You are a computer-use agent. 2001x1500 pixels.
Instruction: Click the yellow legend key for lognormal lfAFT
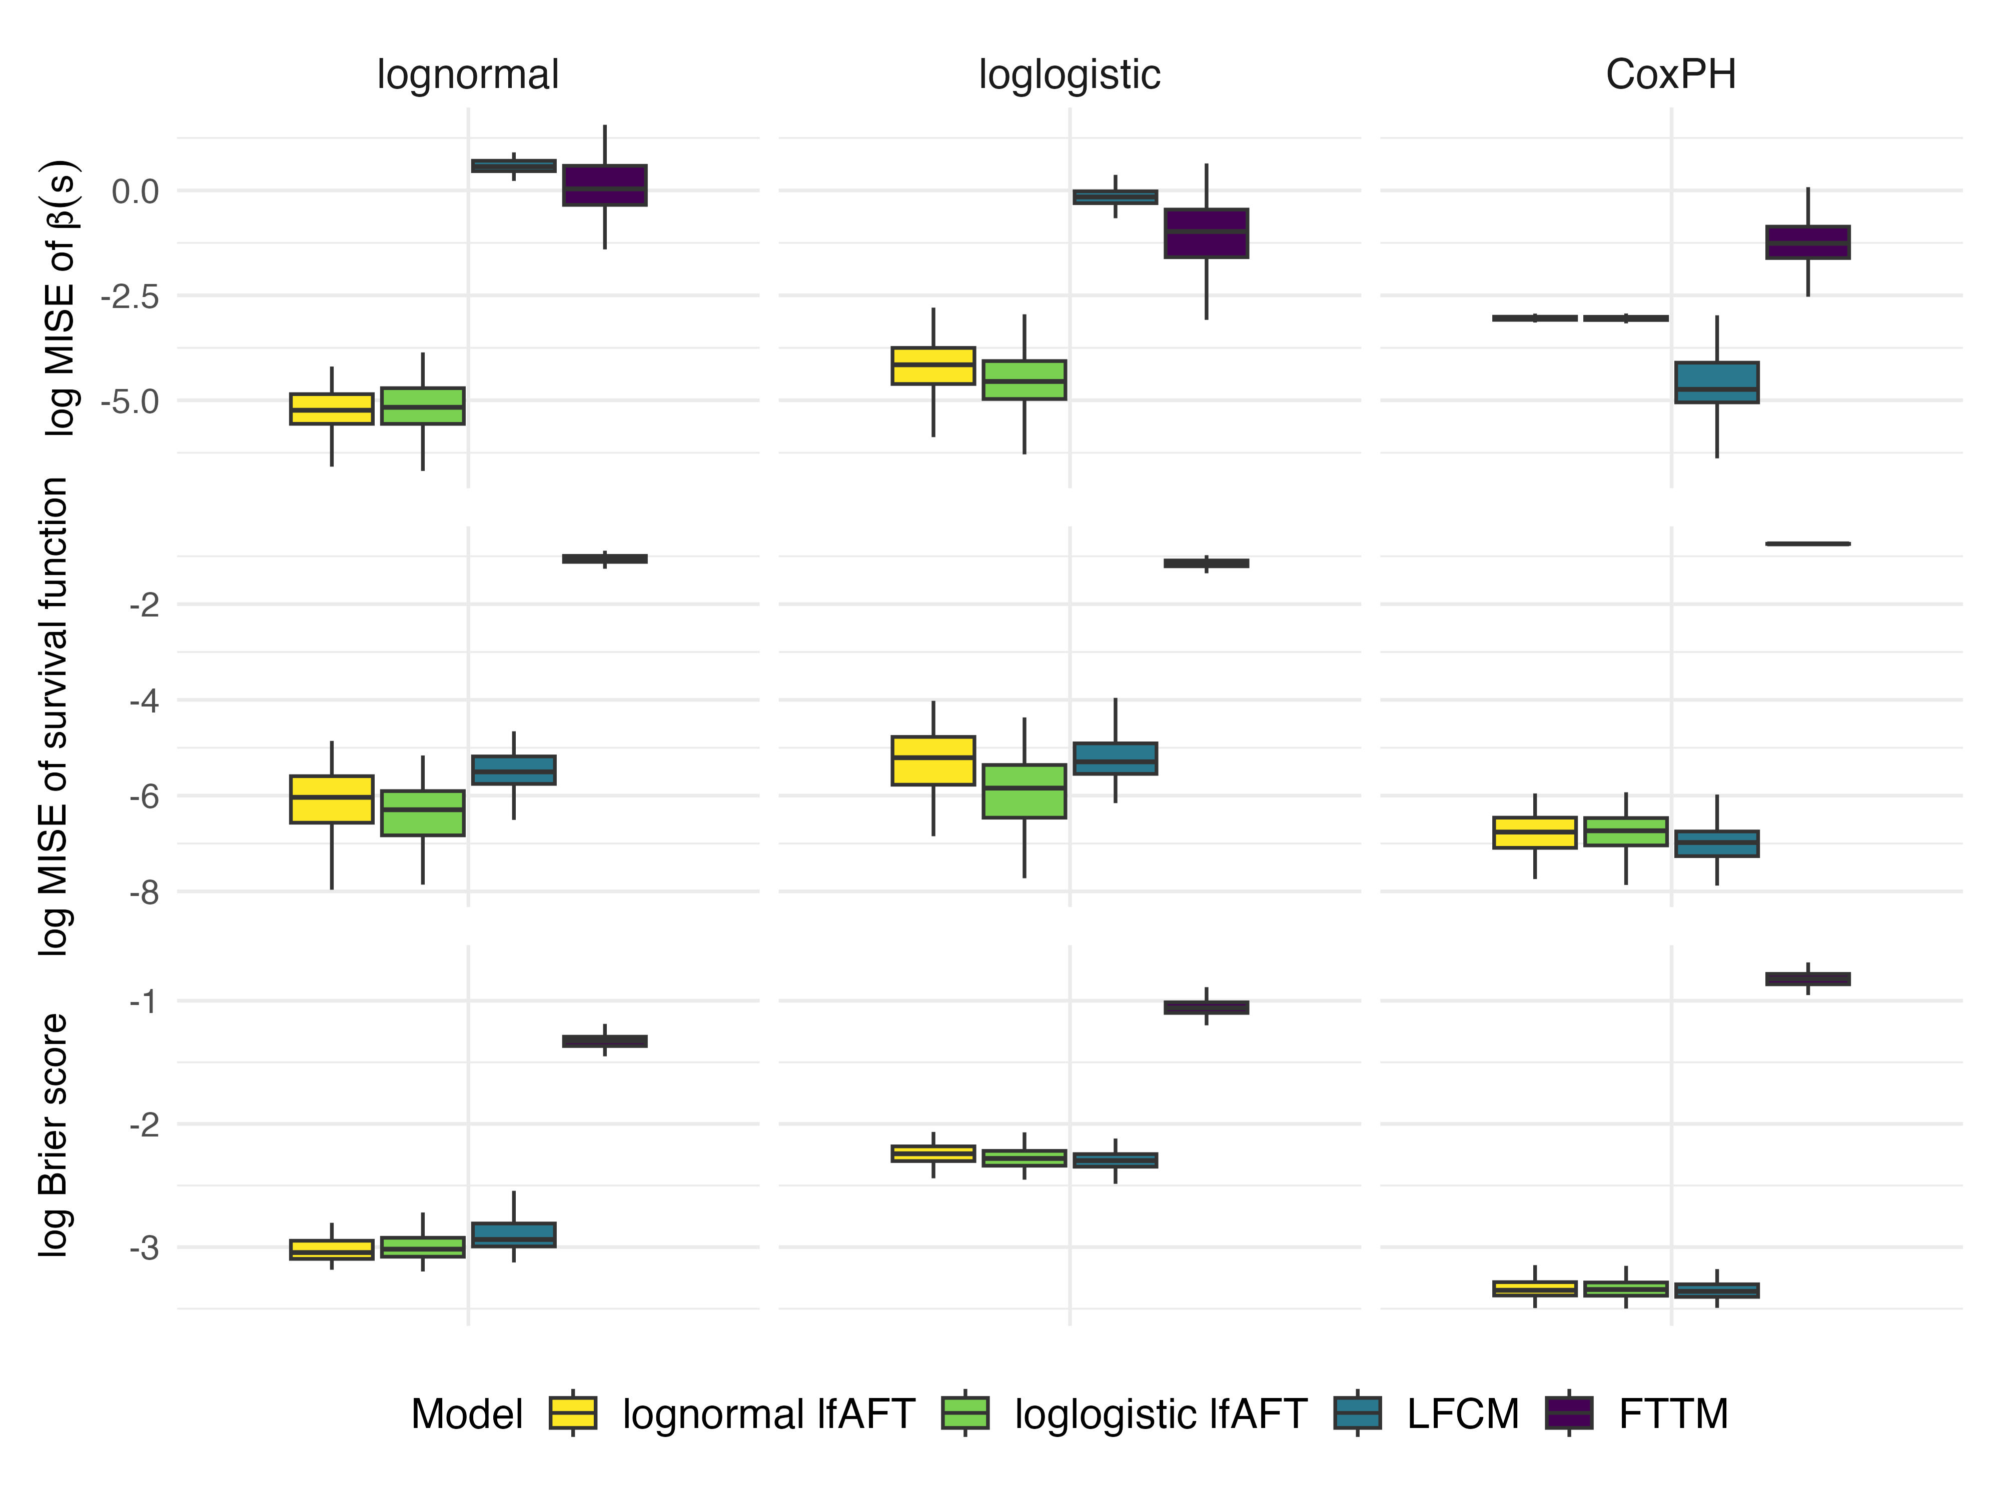(x=573, y=1413)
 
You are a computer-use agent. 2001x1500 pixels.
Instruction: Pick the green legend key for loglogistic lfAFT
(x=965, y=1413)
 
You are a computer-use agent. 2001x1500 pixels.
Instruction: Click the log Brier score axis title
(x=54, y=1134)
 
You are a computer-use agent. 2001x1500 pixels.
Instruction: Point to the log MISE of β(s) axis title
(x=62, y=298)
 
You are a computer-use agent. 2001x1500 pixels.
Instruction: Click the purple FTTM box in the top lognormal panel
(x=604, y=185)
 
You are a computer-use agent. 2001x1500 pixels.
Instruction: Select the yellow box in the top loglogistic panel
(x=932, y=366)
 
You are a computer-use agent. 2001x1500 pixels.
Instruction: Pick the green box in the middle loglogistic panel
(x=1024, y=791)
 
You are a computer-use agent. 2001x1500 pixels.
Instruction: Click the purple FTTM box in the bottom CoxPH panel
(x=1807, y=979)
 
